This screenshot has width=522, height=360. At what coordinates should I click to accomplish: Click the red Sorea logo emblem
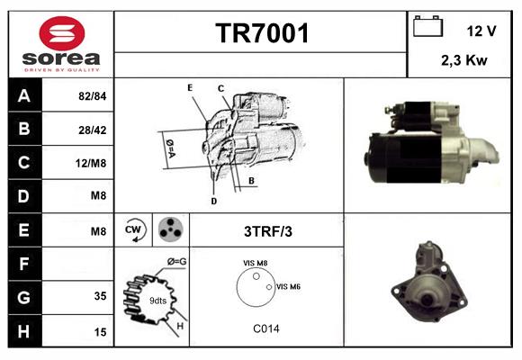click(62, 33)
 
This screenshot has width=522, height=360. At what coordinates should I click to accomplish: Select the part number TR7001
click(262, 33)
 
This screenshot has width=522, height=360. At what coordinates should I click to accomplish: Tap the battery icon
click(427, 26)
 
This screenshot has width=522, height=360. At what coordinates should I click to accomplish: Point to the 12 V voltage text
click(481, 31)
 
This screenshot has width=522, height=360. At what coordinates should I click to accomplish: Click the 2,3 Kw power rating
click(464, 60)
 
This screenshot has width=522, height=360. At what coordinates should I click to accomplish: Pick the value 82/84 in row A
click(92, 96)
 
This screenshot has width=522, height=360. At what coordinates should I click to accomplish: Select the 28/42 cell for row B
click(92, 130)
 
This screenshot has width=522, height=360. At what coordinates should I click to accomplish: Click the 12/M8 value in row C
click(91, 163)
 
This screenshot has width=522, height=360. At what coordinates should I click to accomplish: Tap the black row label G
click(24, 297)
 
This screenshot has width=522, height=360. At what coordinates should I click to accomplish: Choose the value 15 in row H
click(100, 332)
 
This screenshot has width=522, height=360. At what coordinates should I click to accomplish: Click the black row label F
click(24, 264)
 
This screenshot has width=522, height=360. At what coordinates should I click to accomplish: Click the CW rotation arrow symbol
click(133, 229)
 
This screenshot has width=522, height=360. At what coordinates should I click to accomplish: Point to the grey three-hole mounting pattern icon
click(171, 229)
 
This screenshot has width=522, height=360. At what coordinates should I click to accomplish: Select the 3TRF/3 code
click(268, 231)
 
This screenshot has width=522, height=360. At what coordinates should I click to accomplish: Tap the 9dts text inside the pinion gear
click(157, 301)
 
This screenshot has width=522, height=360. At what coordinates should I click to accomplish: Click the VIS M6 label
click(288, 286)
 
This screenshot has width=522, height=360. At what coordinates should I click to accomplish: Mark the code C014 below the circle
click(266, 328)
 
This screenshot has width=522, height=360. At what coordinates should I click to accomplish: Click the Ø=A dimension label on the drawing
click(170, 148)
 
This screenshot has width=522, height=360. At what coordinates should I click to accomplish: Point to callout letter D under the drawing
click(214, 201)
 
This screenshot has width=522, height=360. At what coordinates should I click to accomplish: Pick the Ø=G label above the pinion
click(176, 262)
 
